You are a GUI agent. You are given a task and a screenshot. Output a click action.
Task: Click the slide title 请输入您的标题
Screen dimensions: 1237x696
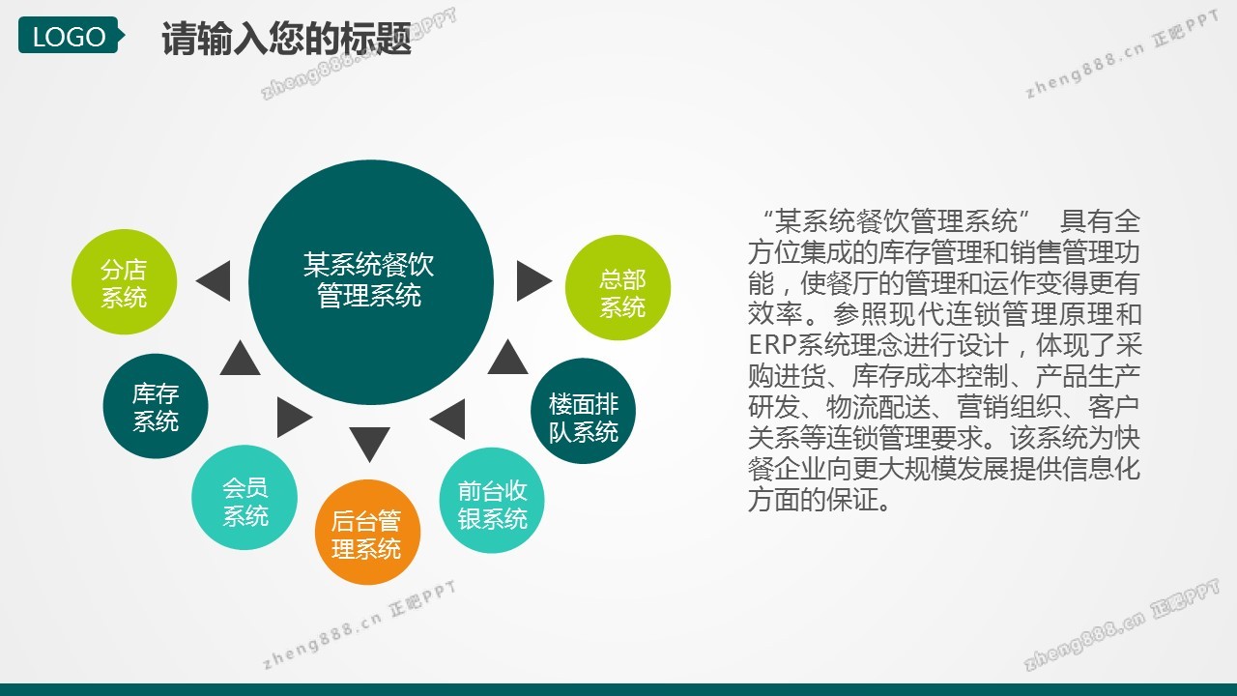(286, 38)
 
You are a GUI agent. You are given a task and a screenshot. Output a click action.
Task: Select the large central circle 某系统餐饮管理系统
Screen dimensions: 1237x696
(371, 282)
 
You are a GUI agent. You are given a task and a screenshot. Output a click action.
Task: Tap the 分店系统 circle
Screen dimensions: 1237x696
(125, 281)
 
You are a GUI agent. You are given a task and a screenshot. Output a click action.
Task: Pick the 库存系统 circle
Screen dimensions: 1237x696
(156, 406)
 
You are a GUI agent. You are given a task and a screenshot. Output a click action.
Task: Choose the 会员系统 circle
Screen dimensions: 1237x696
(245, 498)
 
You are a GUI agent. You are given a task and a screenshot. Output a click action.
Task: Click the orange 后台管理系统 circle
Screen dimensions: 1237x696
(368, 533)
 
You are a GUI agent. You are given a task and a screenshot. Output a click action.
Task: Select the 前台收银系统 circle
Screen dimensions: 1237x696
(492, 501)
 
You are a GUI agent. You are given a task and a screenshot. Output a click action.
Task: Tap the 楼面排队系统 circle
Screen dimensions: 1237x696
(583, 411)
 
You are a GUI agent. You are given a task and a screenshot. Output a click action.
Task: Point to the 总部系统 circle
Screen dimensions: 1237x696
(618, 288)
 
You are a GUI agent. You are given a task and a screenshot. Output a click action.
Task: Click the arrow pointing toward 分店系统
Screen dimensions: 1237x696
(214, 281)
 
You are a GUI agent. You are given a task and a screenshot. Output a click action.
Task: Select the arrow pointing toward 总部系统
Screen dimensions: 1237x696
(534, 281)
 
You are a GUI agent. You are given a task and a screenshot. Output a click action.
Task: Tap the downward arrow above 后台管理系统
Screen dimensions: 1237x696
(369, 444)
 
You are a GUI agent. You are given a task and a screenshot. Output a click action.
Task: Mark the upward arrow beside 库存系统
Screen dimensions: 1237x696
(241, 358)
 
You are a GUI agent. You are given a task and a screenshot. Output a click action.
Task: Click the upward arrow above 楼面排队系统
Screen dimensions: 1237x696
(508, 358)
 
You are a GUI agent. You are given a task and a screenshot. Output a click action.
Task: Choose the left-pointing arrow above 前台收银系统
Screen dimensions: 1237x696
(447, 420)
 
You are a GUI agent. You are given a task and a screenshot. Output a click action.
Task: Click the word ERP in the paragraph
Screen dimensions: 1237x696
(772, 345)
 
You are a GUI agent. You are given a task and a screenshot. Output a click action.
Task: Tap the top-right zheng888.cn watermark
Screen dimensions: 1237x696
(1121, 54)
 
